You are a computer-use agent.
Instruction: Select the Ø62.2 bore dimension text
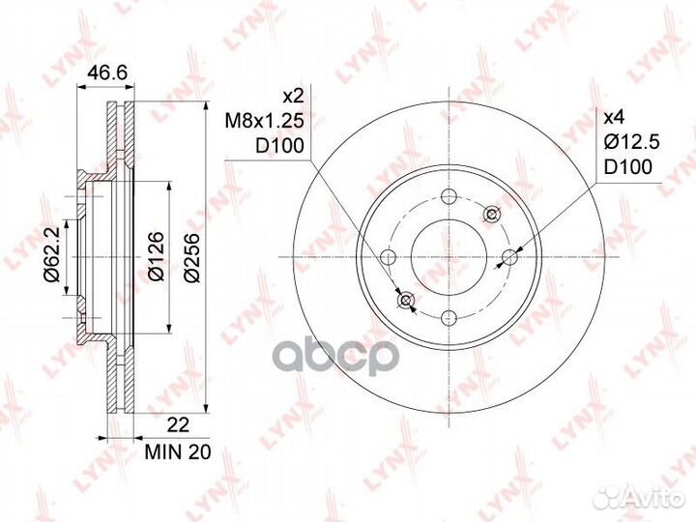click(x=51, y=256)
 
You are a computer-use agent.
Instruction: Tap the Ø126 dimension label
click(x=157, y=256)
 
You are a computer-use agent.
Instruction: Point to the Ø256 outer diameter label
click(x=192, y=256)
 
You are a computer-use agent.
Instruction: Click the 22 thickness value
click(x=178, y=424)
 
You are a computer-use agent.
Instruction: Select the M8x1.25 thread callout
click(x=265, y=120)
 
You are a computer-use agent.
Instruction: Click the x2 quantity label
click(x=293, y=96)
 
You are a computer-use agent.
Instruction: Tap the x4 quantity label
click(x=615, y=118)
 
